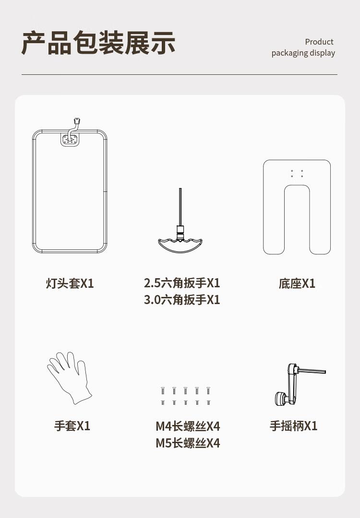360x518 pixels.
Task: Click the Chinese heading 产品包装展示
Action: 98,43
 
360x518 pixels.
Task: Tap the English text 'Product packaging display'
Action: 303,47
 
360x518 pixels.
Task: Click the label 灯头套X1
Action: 70,283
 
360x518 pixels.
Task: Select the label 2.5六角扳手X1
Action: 182,283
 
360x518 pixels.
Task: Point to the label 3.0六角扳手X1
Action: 182,300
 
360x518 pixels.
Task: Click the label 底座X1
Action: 297,283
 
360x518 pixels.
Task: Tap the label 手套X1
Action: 72,425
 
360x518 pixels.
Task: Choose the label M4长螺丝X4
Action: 188,426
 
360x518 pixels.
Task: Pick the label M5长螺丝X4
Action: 188,443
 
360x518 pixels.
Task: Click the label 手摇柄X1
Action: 294,426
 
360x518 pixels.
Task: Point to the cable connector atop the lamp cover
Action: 77,121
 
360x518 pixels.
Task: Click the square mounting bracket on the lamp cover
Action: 70,139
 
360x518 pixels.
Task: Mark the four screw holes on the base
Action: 297,174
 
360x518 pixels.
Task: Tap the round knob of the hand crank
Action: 281,399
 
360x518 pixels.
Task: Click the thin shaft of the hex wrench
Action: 180,206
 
